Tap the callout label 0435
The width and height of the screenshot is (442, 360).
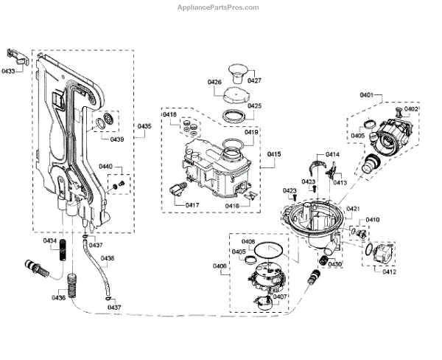[144, 127]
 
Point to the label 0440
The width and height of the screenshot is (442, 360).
[105, 167]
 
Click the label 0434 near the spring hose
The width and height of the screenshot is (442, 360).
[49, 241]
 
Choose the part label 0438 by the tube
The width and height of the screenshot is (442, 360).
[108, 258]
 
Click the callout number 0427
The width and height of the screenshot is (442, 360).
[255, 80]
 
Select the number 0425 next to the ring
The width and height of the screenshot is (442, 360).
[254, 106]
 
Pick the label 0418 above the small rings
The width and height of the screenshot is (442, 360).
[170, 115]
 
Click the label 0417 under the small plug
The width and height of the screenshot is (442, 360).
[172, 205]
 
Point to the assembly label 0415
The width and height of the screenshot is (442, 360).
[274, 153]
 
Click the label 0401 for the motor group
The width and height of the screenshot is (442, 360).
[366, 96]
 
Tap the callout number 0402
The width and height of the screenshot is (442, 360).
[411, 109]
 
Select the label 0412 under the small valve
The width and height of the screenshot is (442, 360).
[389, 271]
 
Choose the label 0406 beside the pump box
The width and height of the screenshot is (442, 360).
[220, 266]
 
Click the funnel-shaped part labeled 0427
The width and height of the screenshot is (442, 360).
[236, 70]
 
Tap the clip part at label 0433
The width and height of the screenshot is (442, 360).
[17, 55]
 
